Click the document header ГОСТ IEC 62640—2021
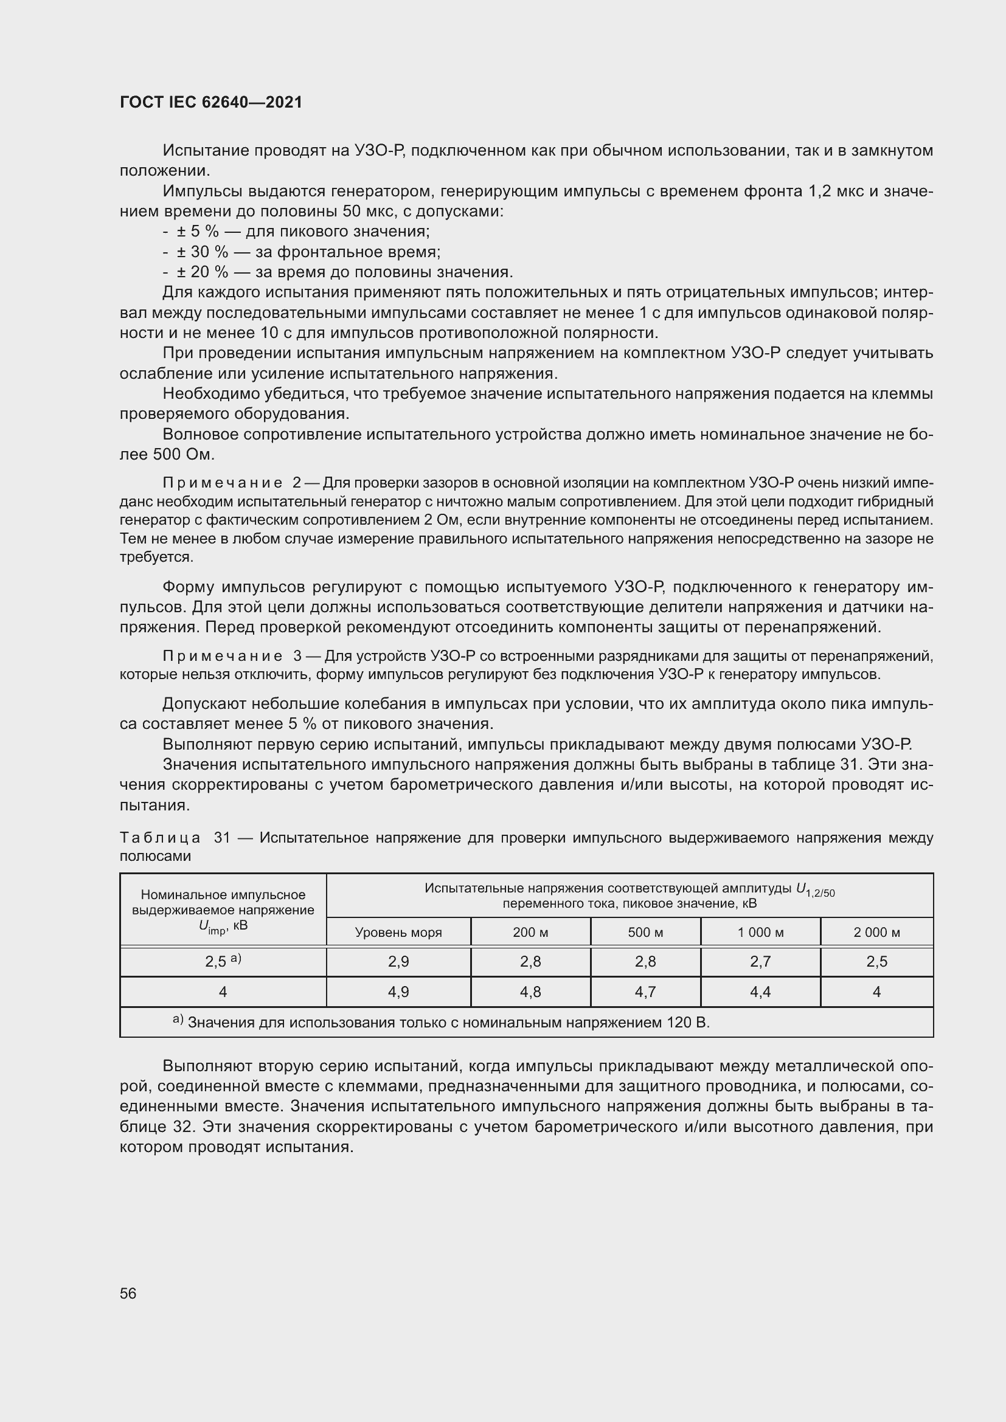[210, 102]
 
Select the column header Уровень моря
[398, 932]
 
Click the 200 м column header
[530, 932]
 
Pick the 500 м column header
[645, 932]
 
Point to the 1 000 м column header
[760, 932]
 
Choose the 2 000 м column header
[876, 932]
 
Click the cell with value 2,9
[398, 962]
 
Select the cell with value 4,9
[398, 992]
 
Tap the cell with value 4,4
[760, 992]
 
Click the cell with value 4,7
[645, 992]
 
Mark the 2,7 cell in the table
[760, 962]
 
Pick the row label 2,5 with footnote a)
[223, 962]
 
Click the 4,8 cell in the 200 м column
[530, 992]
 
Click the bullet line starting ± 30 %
[302, 252]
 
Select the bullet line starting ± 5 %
[296, 232]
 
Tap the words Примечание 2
[231, 483]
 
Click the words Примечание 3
[231, 656]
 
